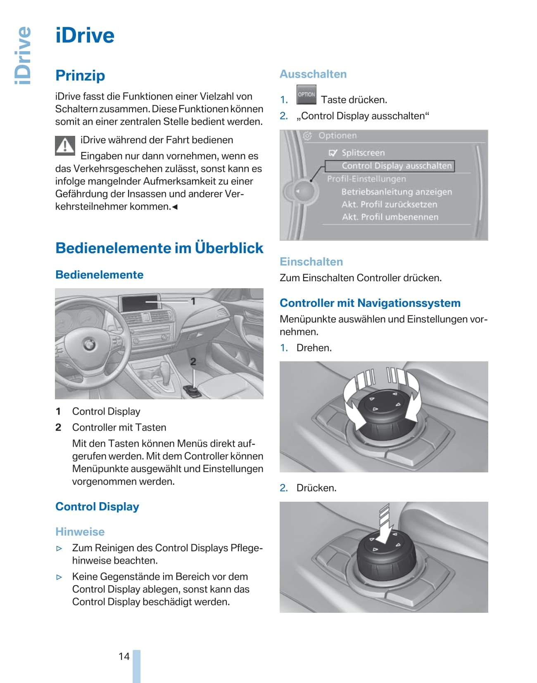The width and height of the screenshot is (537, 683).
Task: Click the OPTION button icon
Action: [x=306, y=95]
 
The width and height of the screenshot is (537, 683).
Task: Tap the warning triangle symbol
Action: [x=65, y=145]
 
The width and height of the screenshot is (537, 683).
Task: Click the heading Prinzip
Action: [x=80, y=76]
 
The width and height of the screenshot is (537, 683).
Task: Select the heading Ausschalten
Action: [x=313, y=74]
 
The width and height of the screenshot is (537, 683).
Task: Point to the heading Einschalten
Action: [x=311, y=262]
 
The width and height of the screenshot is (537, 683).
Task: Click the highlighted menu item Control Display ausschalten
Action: [x=390, y=166]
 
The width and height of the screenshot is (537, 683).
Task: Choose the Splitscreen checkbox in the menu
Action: [x=333, y=153]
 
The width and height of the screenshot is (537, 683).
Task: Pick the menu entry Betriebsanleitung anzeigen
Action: [x=397, y=192]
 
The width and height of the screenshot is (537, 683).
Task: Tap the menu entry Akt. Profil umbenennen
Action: [x=390, y=217]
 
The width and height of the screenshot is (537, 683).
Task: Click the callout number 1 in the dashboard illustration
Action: [x=193, y=301]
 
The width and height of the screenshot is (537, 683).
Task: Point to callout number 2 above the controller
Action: [x=193, y=362]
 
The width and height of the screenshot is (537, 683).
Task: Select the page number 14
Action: [x=124, y=657]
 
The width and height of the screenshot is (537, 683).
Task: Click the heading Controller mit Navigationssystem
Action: [x=370, y=303]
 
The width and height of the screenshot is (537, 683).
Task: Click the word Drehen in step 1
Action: [x=314, y=348]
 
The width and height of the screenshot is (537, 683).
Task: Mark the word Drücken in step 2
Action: [x=316, y=488]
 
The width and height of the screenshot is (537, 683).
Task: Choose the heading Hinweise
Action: [x=80, y=532]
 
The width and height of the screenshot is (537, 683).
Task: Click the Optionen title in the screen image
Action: [x=337, y=136]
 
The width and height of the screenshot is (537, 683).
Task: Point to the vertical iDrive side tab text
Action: [x=23, y=55]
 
